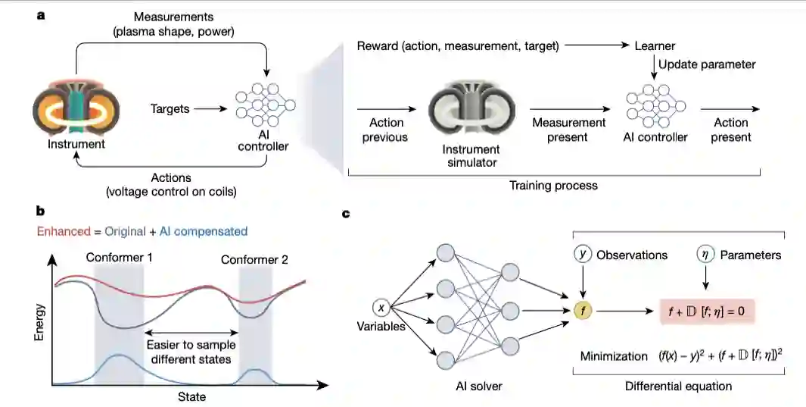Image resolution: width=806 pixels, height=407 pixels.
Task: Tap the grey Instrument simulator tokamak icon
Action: [471, 110]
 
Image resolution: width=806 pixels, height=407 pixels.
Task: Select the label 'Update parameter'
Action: [706, 64]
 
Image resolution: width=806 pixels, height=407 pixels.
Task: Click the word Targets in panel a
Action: [170, 109]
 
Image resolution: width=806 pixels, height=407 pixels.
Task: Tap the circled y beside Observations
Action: [583, 255]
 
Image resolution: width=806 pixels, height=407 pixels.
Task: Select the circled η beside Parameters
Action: [705, 255]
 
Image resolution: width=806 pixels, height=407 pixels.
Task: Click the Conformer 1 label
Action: [119, 258]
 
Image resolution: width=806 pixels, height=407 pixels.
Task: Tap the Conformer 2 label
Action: [254, 260]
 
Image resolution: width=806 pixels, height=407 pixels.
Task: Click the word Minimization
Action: [612, 355]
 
